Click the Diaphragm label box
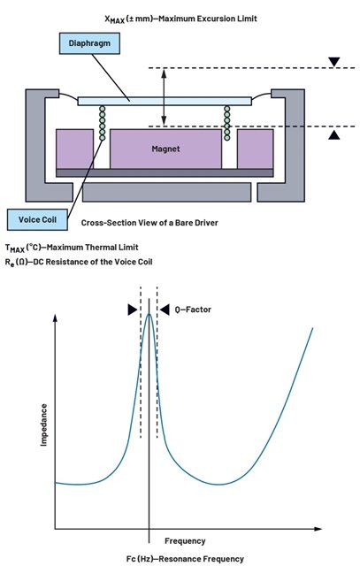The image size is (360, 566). point(89,43)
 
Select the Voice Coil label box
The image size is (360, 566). point(37,219)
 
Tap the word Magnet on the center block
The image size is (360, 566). point(165,149)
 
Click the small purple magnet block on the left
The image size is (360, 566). point(74,149)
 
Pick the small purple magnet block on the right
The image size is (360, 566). point(255,149)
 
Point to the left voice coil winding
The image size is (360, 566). point(103,123)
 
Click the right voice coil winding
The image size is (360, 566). point(226,123)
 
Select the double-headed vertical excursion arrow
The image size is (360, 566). point(164,97)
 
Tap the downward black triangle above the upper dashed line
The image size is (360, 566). point(334,62)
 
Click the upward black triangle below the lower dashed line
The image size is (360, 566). point(334,134)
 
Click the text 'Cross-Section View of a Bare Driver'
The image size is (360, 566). point(149,223)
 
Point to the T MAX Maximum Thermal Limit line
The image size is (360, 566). point(72,248)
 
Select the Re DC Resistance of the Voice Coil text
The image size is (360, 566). point(79,262)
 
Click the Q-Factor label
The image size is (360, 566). point(193,310)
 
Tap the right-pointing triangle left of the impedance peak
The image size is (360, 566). point(132,310)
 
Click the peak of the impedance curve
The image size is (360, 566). point(149,314)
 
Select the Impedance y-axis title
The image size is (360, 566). point(43,424)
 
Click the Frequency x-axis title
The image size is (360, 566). point(185,540)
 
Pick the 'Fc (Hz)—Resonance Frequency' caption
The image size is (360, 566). point(185,559)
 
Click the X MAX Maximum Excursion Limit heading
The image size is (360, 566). point(180,19)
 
